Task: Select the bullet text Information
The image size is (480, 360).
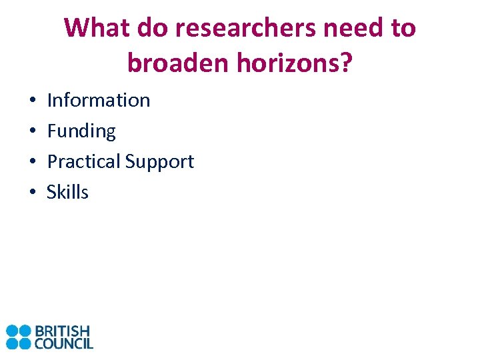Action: point(99,100)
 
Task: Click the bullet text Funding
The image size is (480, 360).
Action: point(81,131)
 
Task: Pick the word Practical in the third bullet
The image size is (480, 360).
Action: point(83,161)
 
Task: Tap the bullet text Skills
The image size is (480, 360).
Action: point(67,192)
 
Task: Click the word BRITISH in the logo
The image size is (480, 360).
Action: point(62,331)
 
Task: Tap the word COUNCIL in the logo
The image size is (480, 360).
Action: point(64,343)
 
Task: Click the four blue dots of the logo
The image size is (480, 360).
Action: point(19,337)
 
